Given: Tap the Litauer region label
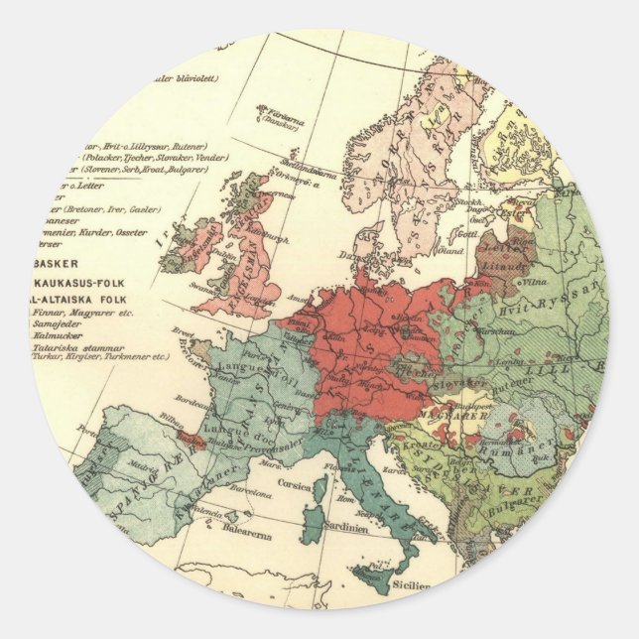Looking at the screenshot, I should [x=511, y=266].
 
